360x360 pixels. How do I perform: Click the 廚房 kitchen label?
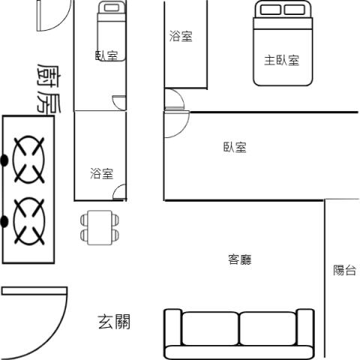tap(49, 88)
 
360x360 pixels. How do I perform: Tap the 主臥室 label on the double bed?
tap(282, 60)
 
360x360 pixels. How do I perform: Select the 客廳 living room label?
tap(240, 259)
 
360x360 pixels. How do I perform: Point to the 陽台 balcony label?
tap(345, 270)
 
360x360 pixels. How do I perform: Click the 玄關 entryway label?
tap(114, 322)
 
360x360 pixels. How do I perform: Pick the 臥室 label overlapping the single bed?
tap(106, 55)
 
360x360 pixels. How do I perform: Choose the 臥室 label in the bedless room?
tap(235, 147)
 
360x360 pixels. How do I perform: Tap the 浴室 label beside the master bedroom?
tap(181, 36)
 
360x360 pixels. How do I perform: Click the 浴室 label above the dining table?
tap(102, 173)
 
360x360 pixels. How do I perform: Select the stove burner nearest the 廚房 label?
tap(28, 160)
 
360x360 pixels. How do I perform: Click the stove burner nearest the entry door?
tap(29, 221)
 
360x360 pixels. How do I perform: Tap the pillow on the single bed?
tap(111, 7)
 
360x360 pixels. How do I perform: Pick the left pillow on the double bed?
tap(271, 10)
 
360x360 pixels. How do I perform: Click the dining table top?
tap(100, 227)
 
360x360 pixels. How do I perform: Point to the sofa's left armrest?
tap(173, 328)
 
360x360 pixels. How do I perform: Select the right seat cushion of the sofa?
tap(268, 328)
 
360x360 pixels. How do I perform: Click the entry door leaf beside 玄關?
tap(34, 291)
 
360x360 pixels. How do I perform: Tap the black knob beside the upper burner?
tap(4, 160)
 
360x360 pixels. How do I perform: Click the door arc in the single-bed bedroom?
tap(118, 103)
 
